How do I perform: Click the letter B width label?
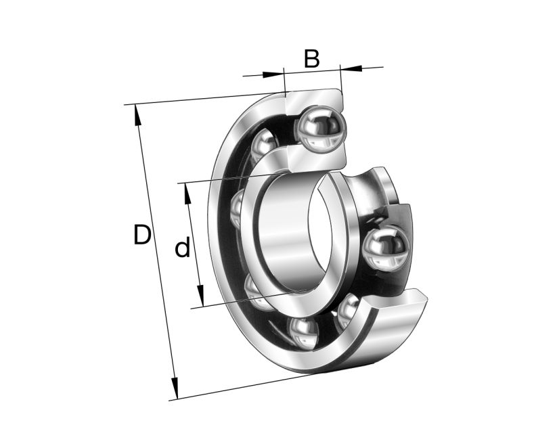point(311,60)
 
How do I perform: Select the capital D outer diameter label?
point(141,236)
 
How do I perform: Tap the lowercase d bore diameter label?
point(182,248)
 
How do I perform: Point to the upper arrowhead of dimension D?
point(138,115)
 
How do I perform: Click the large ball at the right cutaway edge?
point(386,250)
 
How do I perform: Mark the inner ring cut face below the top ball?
point(317,159)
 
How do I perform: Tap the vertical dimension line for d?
point(194,245)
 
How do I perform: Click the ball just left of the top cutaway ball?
point(265,145)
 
